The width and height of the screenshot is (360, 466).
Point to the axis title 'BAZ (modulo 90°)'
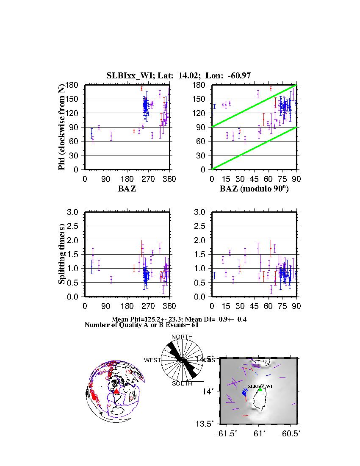(254, 189)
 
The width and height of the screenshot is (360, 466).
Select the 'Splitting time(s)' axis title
(62, 254)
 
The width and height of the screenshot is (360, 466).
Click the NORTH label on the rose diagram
(182, 337)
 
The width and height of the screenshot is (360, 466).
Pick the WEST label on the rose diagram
(152, 360)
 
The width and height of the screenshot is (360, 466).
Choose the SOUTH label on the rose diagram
(182, 383)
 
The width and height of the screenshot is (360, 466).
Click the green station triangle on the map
(260, 389)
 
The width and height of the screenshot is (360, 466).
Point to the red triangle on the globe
(116, 391)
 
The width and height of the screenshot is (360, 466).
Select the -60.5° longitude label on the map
(291, 433)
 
